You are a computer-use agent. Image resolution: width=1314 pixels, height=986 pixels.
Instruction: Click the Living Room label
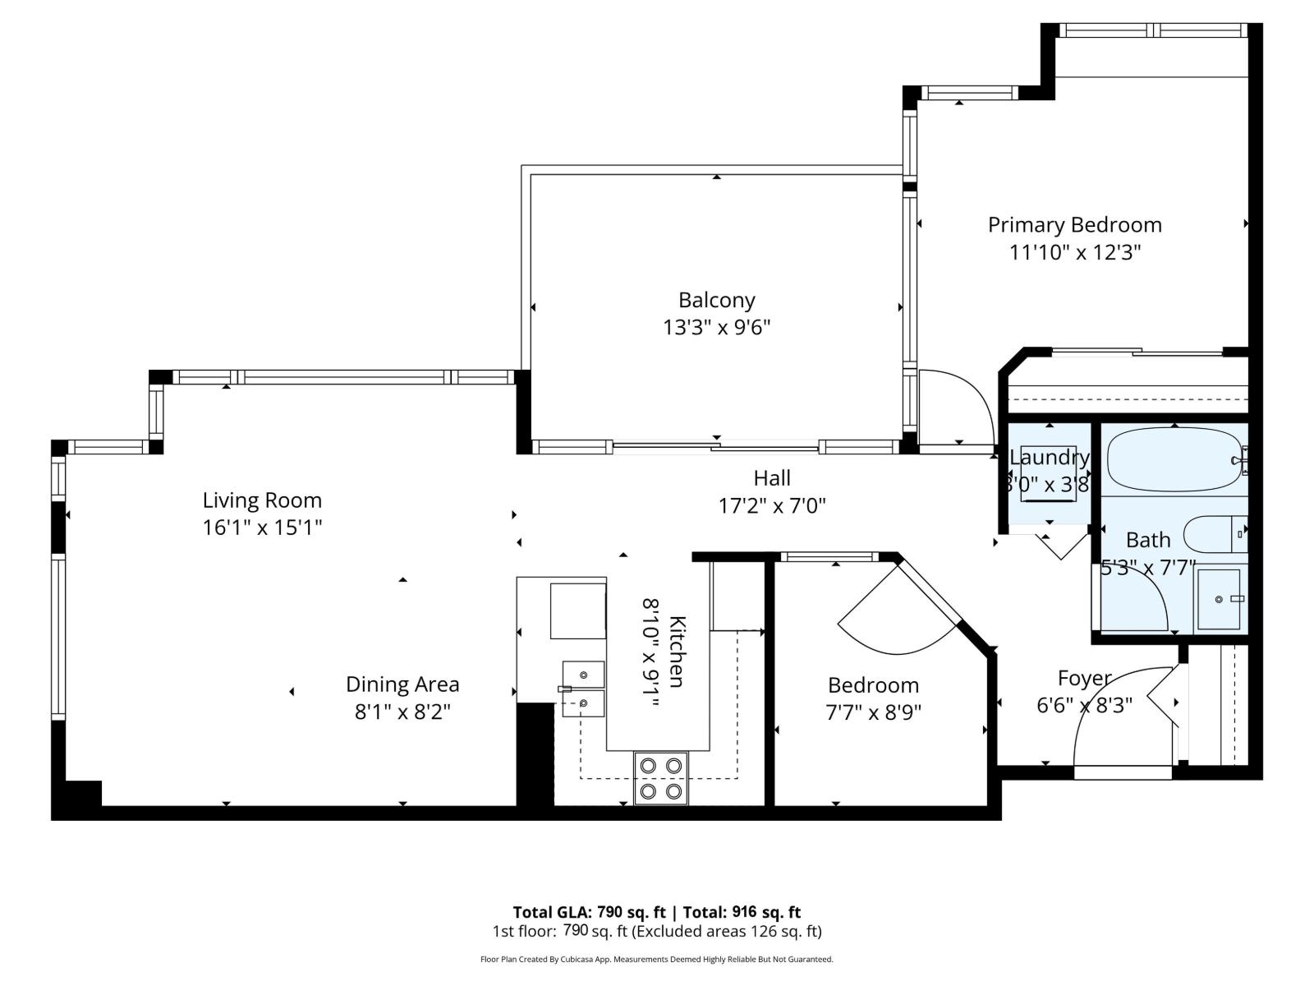click(x=262, y=500)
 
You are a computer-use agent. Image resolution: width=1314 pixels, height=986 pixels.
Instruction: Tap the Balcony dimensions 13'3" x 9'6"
click(x=716, y=328)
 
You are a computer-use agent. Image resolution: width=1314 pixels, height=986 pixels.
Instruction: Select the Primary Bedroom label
click(x=1074, y=224)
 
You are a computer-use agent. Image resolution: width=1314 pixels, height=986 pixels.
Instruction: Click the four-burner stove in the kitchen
click(x=661, y=778)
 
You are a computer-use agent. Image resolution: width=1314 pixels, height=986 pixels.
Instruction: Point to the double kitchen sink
click(x=583, y=689)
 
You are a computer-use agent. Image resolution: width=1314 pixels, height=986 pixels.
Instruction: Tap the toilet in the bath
click(x=1215, y=535)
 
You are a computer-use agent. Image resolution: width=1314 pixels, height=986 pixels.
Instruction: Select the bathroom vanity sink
click(x=1222, y=599)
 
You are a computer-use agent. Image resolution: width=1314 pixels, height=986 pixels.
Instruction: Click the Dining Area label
click(x=402, y=684)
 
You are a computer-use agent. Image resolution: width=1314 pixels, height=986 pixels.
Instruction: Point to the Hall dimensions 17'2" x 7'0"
click(x=772, y=505)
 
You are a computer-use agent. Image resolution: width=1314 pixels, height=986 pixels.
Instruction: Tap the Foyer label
click(x=1084, y=678)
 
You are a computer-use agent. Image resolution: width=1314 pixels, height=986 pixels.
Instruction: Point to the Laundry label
click(x=1049, y=458)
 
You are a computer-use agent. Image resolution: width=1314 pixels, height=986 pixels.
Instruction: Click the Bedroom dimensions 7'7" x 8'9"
click(x=873, y=712)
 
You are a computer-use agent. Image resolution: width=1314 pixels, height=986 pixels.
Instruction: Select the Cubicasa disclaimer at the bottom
click(x=656, y=959)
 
